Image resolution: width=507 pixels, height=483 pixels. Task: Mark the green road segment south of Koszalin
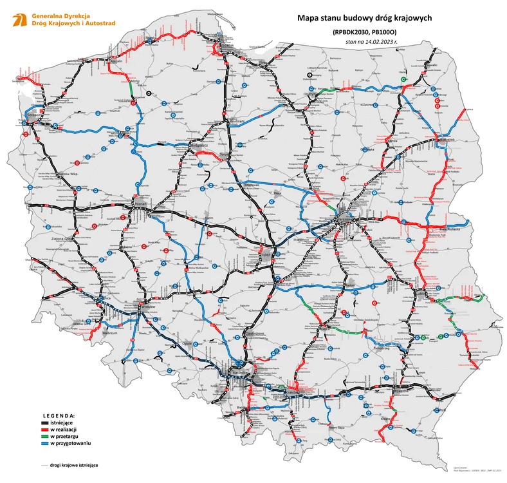tap(131, 86)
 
